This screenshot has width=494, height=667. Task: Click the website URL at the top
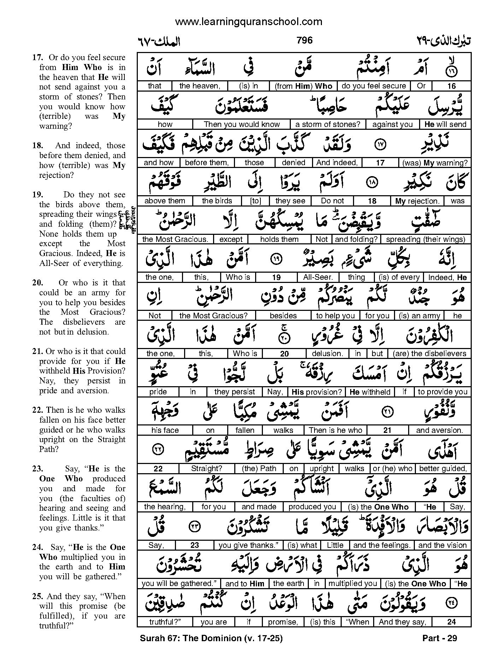pos(248,22)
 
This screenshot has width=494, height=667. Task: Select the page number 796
pos(305,40)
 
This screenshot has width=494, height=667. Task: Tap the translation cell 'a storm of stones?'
pos(328,124)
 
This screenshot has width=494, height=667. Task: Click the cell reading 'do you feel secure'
pos(374,86)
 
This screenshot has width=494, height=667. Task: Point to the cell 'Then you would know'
pos(242,124)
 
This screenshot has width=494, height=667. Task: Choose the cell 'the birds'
pos(217,201)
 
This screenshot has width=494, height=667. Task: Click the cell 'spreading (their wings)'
pos(425,239)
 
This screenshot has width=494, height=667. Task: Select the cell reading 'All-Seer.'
pos(318,277)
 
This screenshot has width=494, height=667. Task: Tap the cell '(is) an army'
pos(419,316)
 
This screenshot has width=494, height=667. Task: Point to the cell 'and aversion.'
pos(439,430)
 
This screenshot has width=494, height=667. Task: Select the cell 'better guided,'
pos(443,469)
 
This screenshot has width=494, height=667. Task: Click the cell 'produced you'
pos(312,507)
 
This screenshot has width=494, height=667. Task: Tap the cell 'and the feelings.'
pos(382,545)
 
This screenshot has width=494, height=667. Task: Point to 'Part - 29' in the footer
pos(440,638)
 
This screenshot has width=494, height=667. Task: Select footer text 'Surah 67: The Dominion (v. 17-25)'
pos(211,638)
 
